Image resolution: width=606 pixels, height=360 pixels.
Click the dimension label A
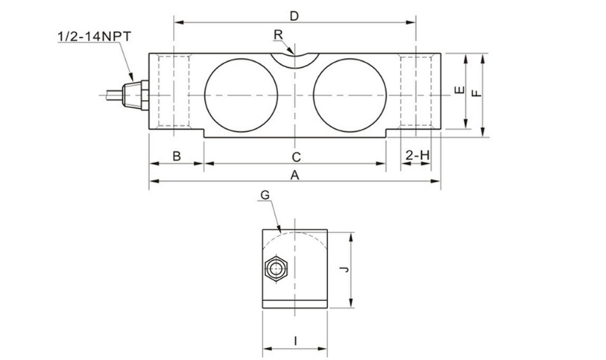[x=294, y=175]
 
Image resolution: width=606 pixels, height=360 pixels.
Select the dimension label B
[x=177, y=156]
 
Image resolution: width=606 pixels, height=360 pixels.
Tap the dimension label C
[x=295, y=157]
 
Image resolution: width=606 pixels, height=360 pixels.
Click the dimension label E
[x=458, y=91]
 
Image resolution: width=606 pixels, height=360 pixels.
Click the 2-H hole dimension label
[x=417, y=155]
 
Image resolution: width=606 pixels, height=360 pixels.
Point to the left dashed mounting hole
[x=174, y=95]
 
